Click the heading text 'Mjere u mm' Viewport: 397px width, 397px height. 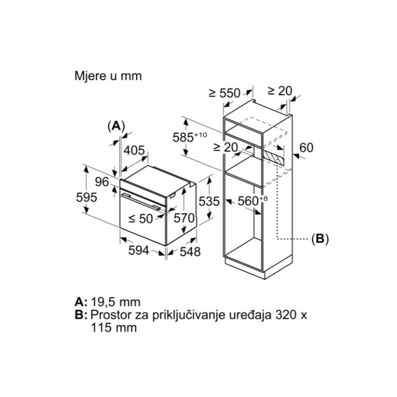point(107,75)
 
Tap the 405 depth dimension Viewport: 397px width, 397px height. point(134,151)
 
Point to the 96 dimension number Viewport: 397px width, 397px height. point(102,182)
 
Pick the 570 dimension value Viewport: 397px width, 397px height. point(185,217)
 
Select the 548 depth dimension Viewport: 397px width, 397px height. point(189,252)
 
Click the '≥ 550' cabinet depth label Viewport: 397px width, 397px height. point(225,93)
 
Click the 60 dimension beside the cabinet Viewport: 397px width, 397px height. point(306,148)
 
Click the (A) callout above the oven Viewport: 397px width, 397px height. point(116,126)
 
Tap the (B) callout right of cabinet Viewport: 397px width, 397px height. point(320,239)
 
